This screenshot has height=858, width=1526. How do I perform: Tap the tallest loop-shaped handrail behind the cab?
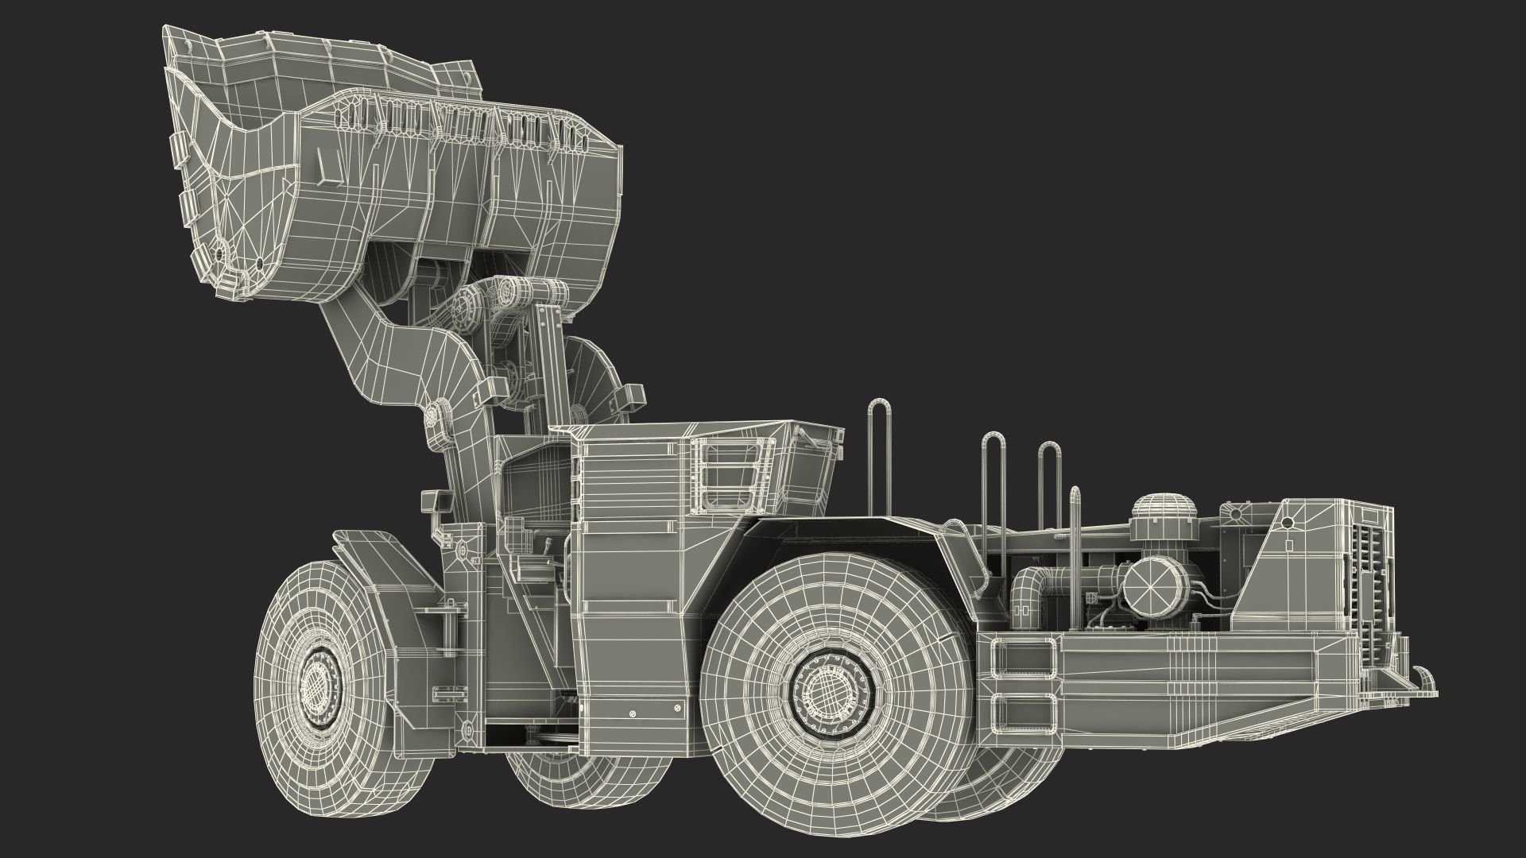[879, 445]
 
